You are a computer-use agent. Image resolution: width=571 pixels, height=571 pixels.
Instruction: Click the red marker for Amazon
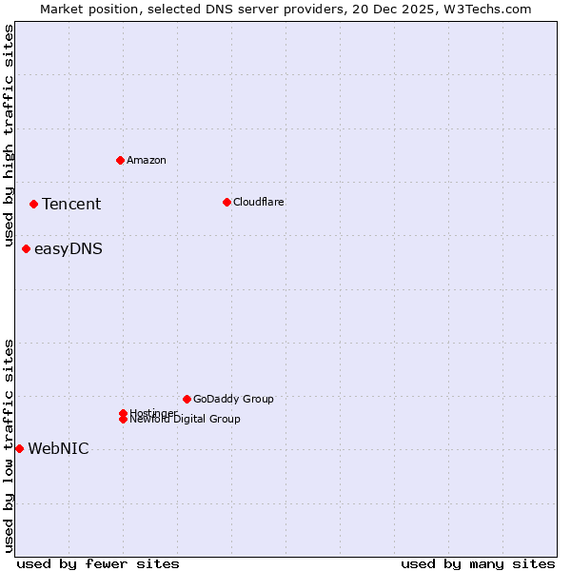pos(120,160)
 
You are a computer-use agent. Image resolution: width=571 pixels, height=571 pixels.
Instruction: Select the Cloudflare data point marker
pos(226,202)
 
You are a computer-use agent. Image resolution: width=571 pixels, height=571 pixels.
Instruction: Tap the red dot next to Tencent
pos(33,204)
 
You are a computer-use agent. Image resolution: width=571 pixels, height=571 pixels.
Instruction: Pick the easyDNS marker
pos(26,249)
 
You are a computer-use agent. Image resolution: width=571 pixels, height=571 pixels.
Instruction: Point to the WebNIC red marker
pos(19,448)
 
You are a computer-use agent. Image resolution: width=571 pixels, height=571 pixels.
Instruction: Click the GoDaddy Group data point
pos(187,399)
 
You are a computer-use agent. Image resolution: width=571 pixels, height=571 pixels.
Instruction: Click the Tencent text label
pos(71,204)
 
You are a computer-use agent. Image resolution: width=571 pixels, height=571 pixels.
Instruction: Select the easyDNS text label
pos(69,249)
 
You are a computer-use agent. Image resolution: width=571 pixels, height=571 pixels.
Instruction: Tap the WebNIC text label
pos(58,449)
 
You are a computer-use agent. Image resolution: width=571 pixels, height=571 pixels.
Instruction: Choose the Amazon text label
pos(147,160)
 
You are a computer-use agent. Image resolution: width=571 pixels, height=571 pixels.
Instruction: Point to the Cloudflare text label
pos(259,202)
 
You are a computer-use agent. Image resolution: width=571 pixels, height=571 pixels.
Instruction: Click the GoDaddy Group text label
pos(233,399)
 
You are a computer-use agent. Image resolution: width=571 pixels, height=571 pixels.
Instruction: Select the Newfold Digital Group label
pos(186,420)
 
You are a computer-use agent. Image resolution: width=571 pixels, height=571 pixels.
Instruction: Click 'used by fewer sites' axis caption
pos(98,564)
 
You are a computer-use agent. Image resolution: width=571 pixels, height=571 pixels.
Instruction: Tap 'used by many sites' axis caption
pos(478,564)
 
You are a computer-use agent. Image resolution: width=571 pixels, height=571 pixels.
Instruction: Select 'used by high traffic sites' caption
pos(10,136)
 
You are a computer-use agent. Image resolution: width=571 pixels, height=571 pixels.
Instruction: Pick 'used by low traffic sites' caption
pos(10,444)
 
